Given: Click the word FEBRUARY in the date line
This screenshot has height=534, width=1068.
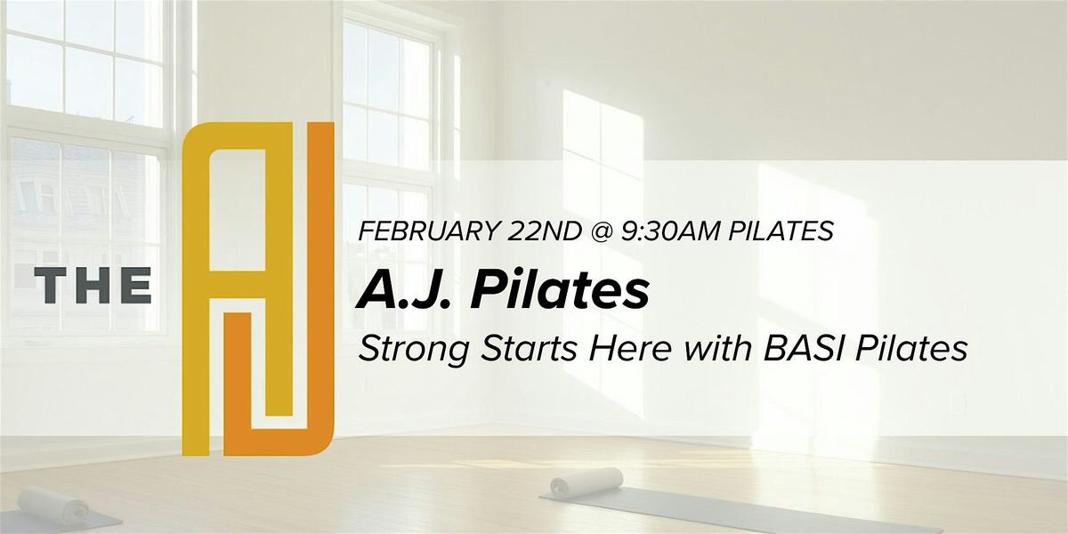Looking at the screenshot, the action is (x=426, y=231).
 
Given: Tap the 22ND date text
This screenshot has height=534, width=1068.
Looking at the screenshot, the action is (x=544, y=231).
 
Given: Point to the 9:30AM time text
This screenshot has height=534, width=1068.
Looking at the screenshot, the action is (x=671, y=231).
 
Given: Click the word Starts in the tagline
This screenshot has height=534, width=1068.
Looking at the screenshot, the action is (x=530, y=350).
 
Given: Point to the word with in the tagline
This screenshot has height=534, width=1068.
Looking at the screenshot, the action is (x=716, y=350).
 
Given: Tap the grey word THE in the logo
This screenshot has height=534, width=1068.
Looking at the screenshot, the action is (x=93, y=285).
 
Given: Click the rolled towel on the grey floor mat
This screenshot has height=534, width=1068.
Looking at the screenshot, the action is (x=587, y=481).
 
